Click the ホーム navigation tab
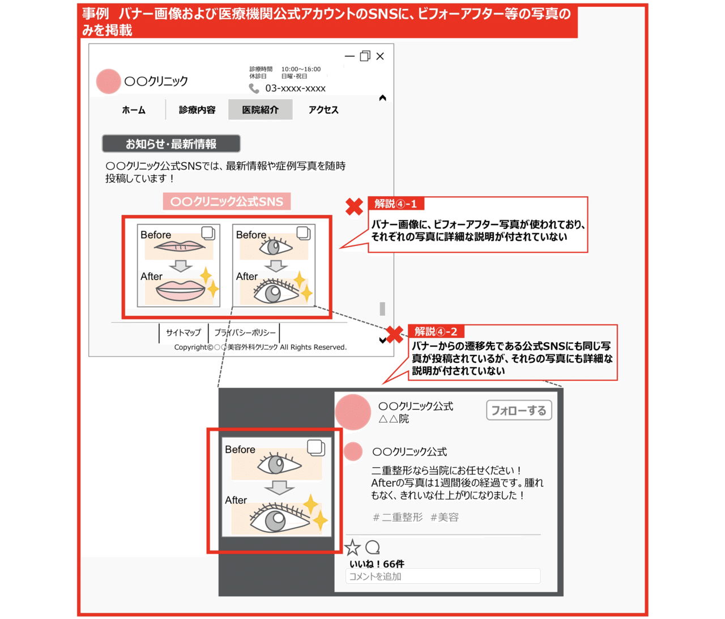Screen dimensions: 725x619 point(133,110)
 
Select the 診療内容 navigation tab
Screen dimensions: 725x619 point(197,110)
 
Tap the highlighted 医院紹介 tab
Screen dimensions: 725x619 point(260,109)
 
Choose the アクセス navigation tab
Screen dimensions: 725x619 point(323,110)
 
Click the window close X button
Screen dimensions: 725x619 point(380,56)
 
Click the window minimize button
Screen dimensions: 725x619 point(349,56)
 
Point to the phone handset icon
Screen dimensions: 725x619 point(254,88)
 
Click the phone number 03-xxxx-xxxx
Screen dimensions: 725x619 point(295,88)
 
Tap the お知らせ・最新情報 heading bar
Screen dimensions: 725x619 point(171,143)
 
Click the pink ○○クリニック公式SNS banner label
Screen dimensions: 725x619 point(227,201)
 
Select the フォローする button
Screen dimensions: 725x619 point(519,410)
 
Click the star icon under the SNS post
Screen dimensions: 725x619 point(352,548)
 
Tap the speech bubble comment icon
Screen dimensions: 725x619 point(373,547)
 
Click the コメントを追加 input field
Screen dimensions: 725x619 point(442,576)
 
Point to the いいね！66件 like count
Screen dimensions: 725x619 point(377,564)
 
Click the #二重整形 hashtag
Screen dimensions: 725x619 point(398,517)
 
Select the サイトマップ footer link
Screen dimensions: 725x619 point(184,332)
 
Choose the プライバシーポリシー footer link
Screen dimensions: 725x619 point(245,332)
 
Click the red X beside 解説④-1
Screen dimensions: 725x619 point(354,207)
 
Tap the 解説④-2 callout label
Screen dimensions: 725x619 point(436,331)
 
